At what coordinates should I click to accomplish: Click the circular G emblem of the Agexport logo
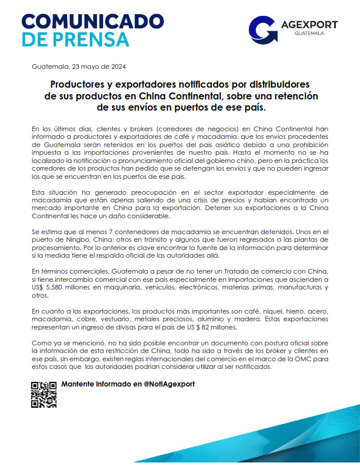click(262, 29)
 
